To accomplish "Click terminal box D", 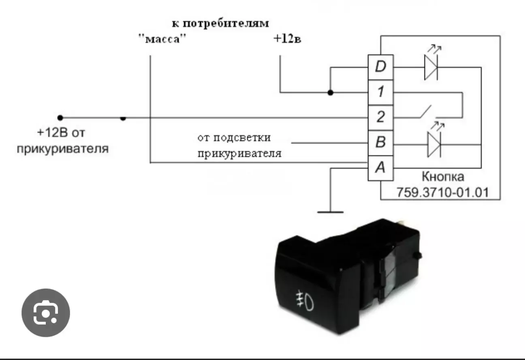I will coord(380,67).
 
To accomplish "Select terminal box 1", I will coord(380,92).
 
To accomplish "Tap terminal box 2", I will coord(380,118).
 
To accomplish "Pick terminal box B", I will coord(380,143).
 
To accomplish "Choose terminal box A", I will coord(380,168).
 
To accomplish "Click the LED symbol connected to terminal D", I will coord(431,67).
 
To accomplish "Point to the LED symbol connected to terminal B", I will coord(434,144).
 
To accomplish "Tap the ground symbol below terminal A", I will coord(331,211).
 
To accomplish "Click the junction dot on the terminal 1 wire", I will coord(331,92).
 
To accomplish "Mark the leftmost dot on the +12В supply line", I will coord(60,118).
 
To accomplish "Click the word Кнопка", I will coord(443,177).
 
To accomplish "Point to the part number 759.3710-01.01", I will coord(443,192).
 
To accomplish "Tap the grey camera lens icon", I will coord(46,313).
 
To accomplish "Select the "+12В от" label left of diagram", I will coord(63,133).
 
